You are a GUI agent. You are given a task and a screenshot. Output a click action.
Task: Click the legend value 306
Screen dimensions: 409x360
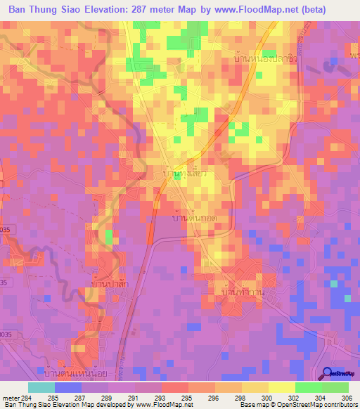[x=345, y=397]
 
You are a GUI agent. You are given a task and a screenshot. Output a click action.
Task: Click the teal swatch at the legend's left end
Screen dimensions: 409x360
[x=41, y=387]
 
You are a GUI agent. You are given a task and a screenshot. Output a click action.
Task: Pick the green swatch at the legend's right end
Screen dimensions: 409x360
[x=335, y=387]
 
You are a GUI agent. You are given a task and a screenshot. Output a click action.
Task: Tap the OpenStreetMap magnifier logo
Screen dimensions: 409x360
[x=328, y=373]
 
